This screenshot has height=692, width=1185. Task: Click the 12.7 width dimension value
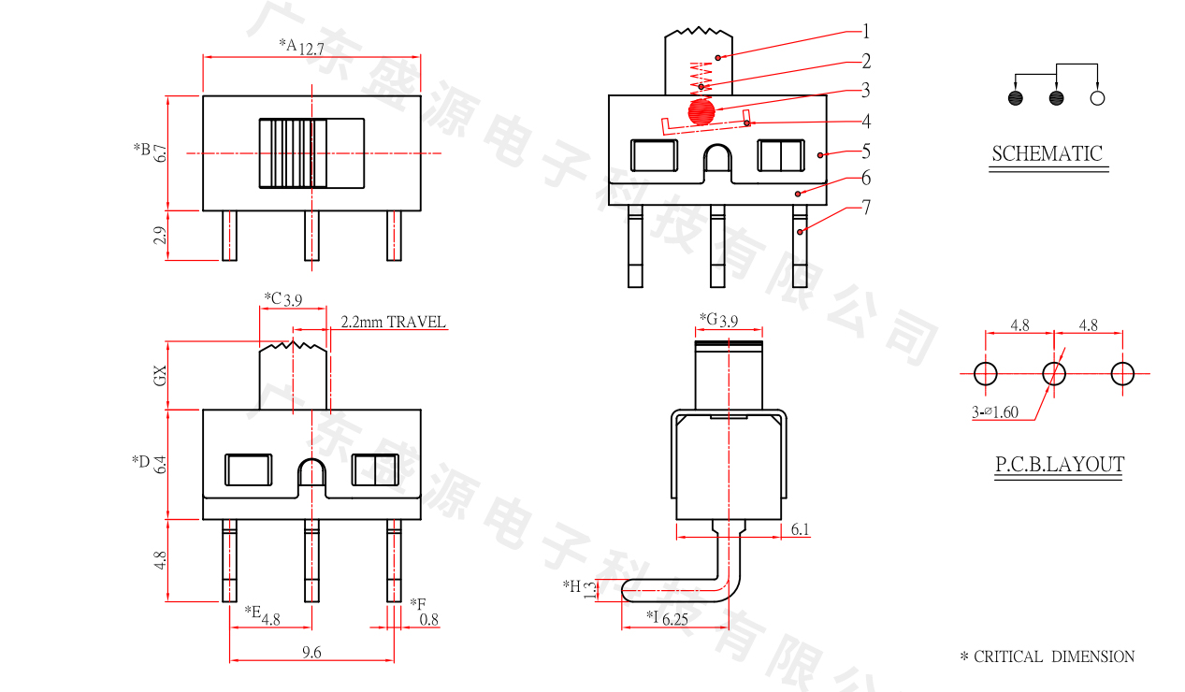311,50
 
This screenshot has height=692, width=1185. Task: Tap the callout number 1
866,32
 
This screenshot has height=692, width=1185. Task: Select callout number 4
866,122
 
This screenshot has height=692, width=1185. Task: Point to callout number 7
866,208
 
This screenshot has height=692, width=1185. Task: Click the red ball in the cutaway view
701,111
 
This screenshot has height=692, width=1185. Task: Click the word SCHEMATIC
1047,154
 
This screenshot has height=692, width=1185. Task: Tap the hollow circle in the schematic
1098,98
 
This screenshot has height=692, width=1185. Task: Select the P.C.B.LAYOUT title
1059,465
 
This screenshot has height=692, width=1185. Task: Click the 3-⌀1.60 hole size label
995,412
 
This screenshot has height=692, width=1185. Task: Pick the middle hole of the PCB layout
1054,374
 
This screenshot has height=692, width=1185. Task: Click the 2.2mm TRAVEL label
393,323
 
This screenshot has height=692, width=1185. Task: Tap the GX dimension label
161,375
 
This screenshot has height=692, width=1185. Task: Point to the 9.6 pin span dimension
312,654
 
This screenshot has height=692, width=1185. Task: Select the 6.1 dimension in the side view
801,530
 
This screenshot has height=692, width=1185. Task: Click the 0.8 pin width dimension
429,619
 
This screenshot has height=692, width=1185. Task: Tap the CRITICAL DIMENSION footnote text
1054,657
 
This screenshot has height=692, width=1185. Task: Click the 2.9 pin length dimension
161,235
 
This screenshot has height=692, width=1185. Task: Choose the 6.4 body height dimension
161,464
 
